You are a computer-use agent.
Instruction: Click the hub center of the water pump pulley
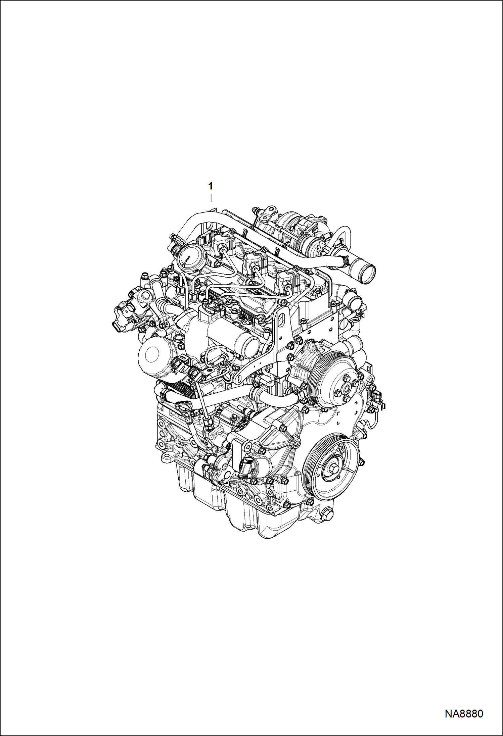(344, 389)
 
